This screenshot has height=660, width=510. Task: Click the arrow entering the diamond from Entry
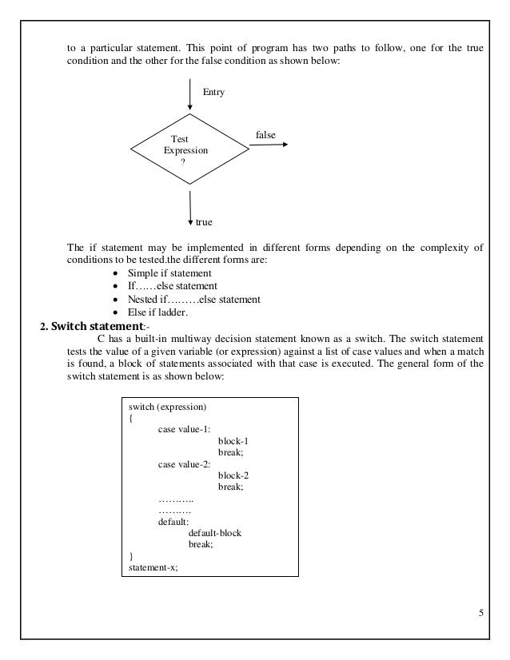coord(190,94)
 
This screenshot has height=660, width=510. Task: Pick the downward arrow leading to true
coord(190,206)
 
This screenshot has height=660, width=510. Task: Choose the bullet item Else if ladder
coord(152,312)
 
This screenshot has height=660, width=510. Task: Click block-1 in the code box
coord(233,440)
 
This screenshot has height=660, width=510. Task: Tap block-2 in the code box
coord(233,475)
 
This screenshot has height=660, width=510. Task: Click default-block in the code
coord(215,532)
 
